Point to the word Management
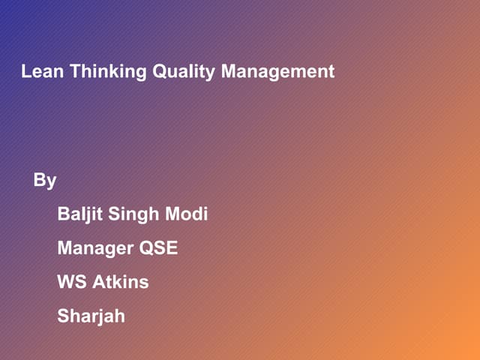click(x=277, y=72)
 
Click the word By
click(x=45, y=181)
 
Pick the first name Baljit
click(x=80, y=214)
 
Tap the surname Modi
click(x=187, y=214)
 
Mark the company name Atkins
click(x=121, y=282)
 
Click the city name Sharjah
click(x=91, y=316)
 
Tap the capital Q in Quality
click(x=160, y=72)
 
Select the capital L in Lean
click(x=26, y=72)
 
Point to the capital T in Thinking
click(x=74, y=72)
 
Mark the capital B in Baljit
click(x=64, y=214)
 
